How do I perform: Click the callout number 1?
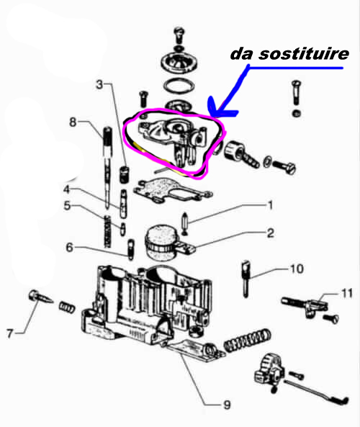pos(270,205)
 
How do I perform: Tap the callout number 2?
pos(270,233)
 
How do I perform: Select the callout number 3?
pos(99,84)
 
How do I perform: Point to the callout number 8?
pos(73,122)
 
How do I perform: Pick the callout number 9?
pos(227,405)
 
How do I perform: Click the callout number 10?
pos(297,269)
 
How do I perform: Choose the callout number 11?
pos(346,293)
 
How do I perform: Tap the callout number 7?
pos(10,333)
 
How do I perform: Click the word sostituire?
pos(304,53)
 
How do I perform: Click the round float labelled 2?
pos(161,242)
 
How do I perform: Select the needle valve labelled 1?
pos(184,224)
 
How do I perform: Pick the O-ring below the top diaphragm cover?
pos(179,86)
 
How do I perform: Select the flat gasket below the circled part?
pos(172,189)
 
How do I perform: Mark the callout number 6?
pos(69,248)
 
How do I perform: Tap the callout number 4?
pos(67,189)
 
